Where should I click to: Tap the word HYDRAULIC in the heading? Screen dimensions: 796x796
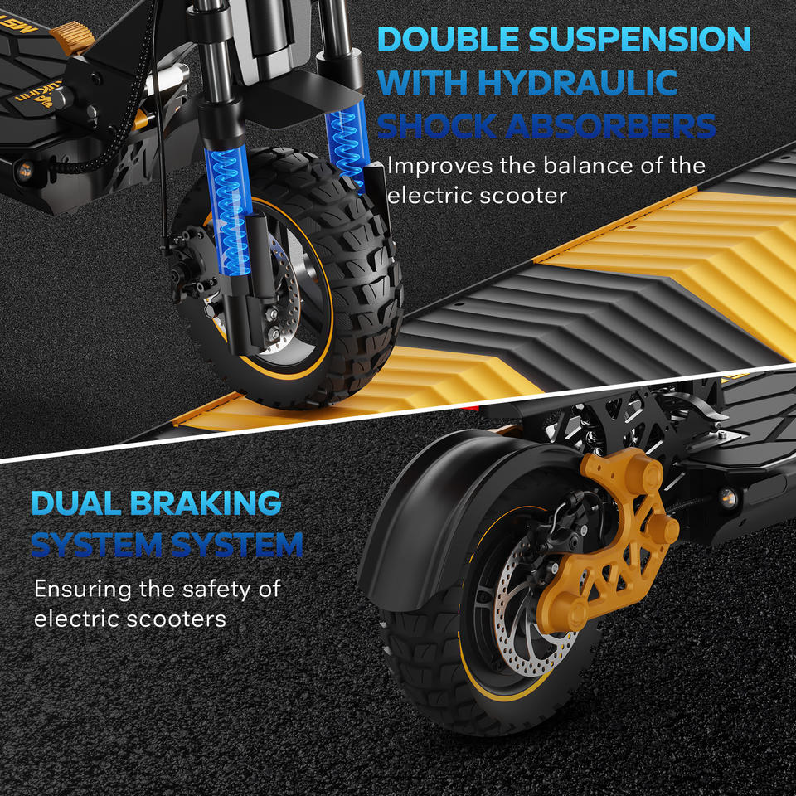[x=577, y=82]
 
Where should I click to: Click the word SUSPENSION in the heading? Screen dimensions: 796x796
[x=639, y=39]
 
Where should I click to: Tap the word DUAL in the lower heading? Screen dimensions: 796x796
[x=76, y=503]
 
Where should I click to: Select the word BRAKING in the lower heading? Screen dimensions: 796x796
[x=206, y=503]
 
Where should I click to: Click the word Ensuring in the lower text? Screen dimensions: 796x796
[x=82, y=590]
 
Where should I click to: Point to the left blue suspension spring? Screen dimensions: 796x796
[x=229, y=211]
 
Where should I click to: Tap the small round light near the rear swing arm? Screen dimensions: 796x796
[x=726, y=497]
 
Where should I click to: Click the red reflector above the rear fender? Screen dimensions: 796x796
[x=472, y=408]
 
